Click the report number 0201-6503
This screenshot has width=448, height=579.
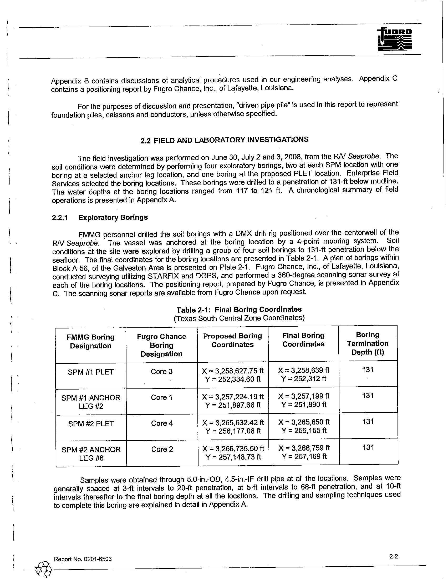tap(83, 559)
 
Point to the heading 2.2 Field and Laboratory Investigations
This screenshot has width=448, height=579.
tap(224, 140)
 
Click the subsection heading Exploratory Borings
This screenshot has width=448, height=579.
tap(113, 217)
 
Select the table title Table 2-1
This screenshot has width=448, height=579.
tap(239, 310)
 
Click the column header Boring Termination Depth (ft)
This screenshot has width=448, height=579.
tap(368, 343)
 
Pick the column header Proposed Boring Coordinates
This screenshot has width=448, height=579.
tap(232, 340)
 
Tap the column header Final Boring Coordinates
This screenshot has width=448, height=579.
tap(303, 340)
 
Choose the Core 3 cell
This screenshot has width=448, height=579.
tap(161, 371)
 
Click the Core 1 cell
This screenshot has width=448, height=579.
tap(161, 397)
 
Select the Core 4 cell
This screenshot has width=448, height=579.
tap(162, 423)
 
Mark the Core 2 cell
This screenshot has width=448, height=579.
tap(162, 449)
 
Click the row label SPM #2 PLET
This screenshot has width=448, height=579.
tap(91, 424)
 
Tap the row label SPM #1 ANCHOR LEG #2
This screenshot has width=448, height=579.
tap(91, 402)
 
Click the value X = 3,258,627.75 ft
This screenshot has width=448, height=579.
tap(233, 370)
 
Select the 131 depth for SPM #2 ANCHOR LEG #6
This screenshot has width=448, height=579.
tap(368, 447)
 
